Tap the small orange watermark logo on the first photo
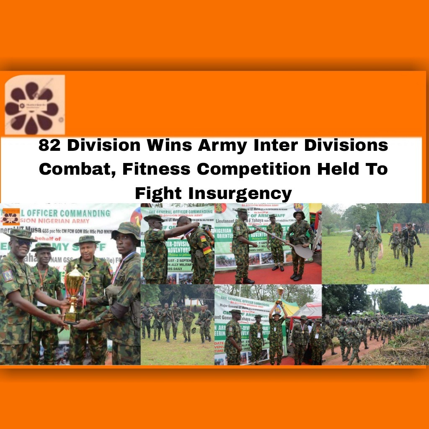coord(10,217)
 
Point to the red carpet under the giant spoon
coord(268,277)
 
